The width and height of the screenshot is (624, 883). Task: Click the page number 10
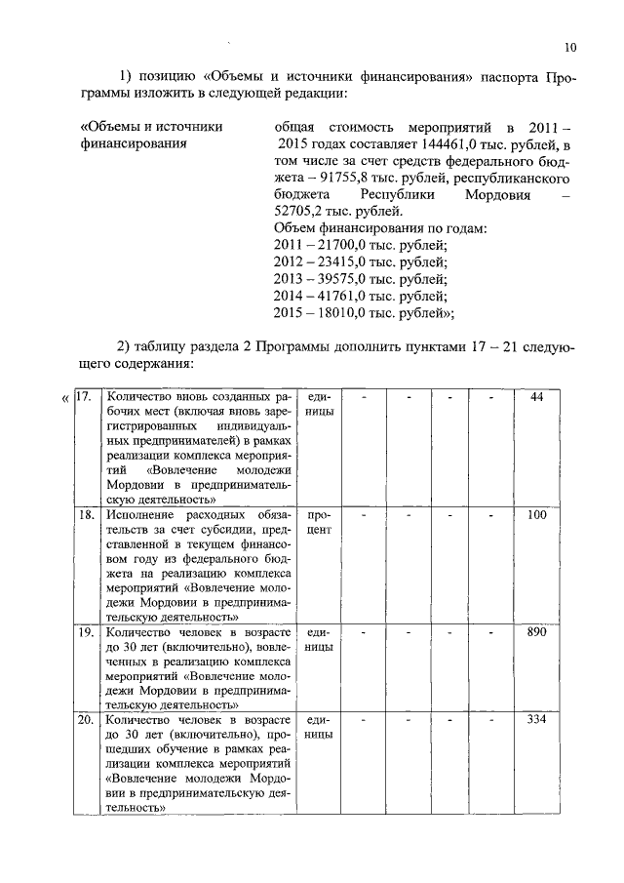[570, 46]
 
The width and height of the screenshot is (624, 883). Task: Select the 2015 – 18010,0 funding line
[366, 313]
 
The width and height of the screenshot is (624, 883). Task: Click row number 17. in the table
[85, 397]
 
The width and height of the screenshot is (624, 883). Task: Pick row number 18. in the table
[85, 514]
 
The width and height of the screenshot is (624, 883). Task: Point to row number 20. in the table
[85, 720]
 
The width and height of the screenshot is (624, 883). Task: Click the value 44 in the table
[536, 397]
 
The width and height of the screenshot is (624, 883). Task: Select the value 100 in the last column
[536, 514]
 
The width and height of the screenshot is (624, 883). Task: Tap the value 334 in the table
[536, 720]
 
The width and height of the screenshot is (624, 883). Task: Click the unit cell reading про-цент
[320, 521]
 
